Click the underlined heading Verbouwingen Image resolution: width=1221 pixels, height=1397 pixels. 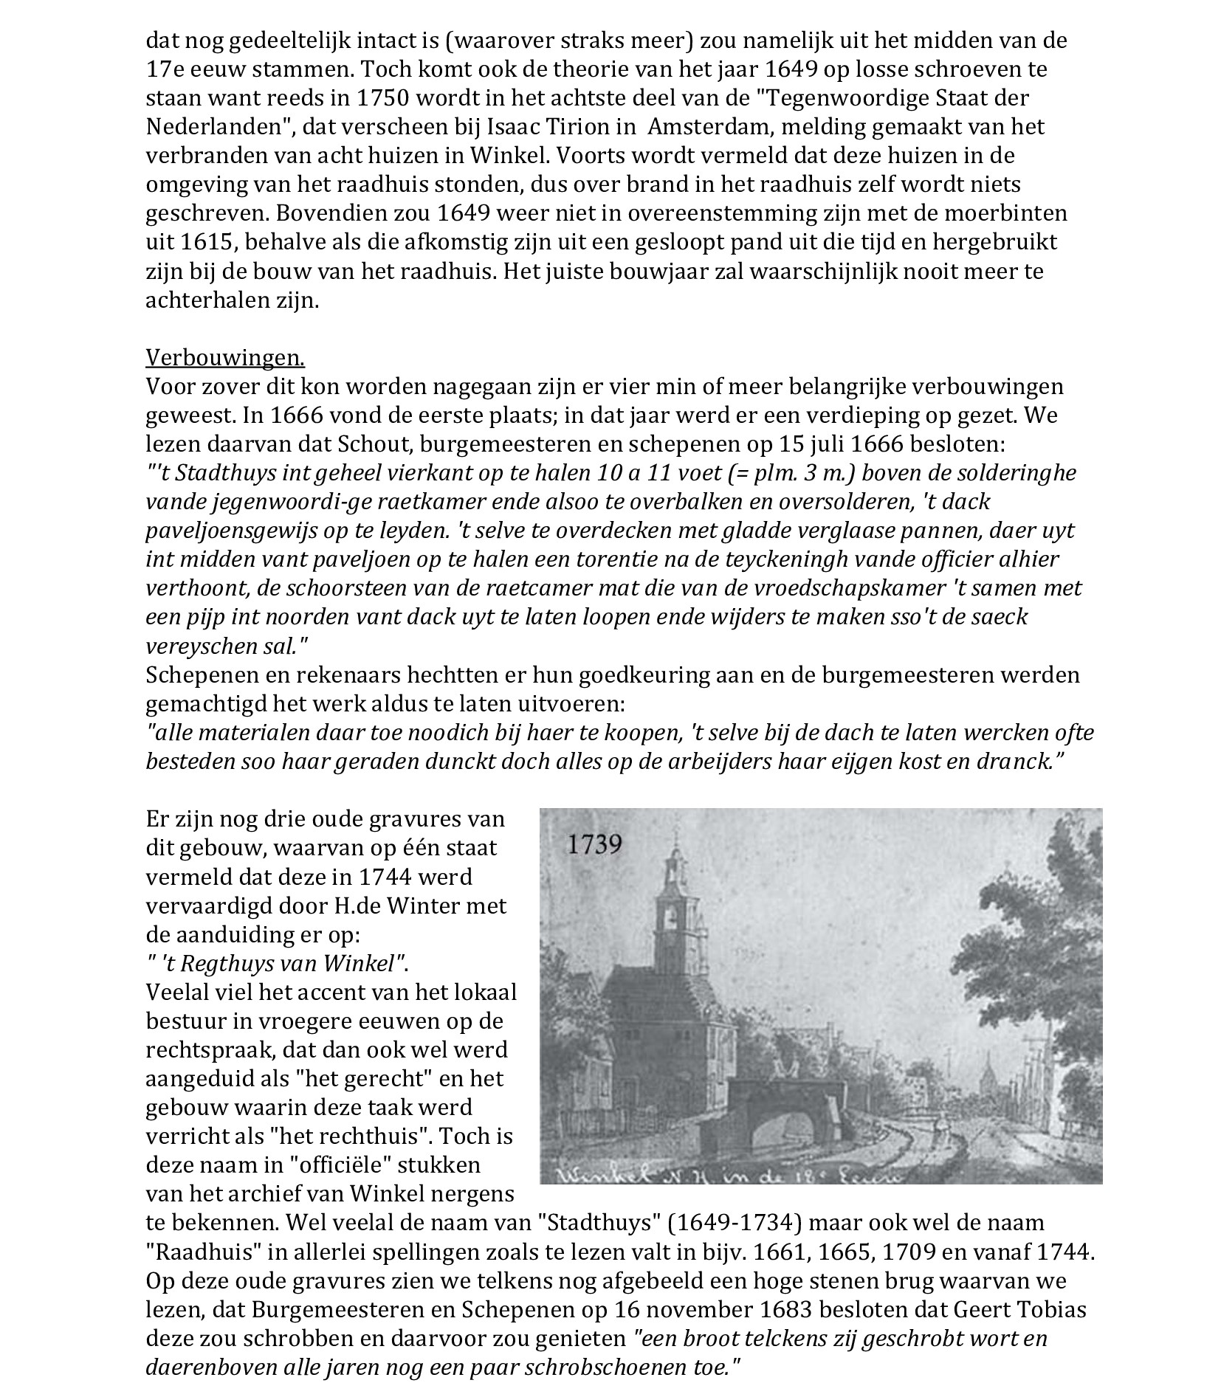pos(225,358)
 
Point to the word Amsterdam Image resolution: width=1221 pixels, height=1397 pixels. pos(709,127)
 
